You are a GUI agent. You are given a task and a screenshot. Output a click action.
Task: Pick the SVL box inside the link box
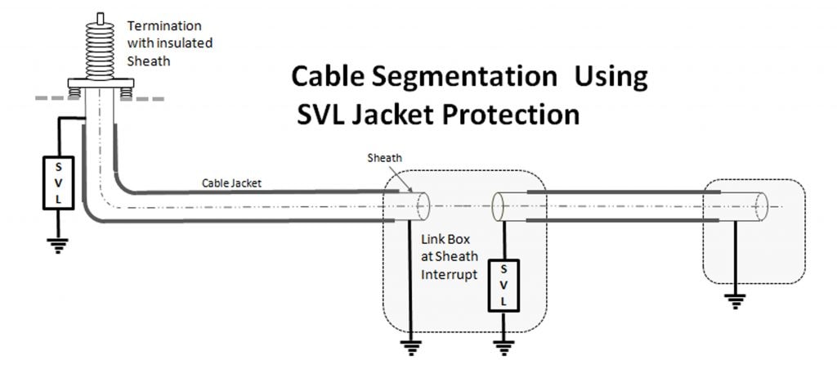[503, 284]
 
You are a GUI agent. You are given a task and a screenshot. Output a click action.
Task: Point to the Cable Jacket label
[232, 183]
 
